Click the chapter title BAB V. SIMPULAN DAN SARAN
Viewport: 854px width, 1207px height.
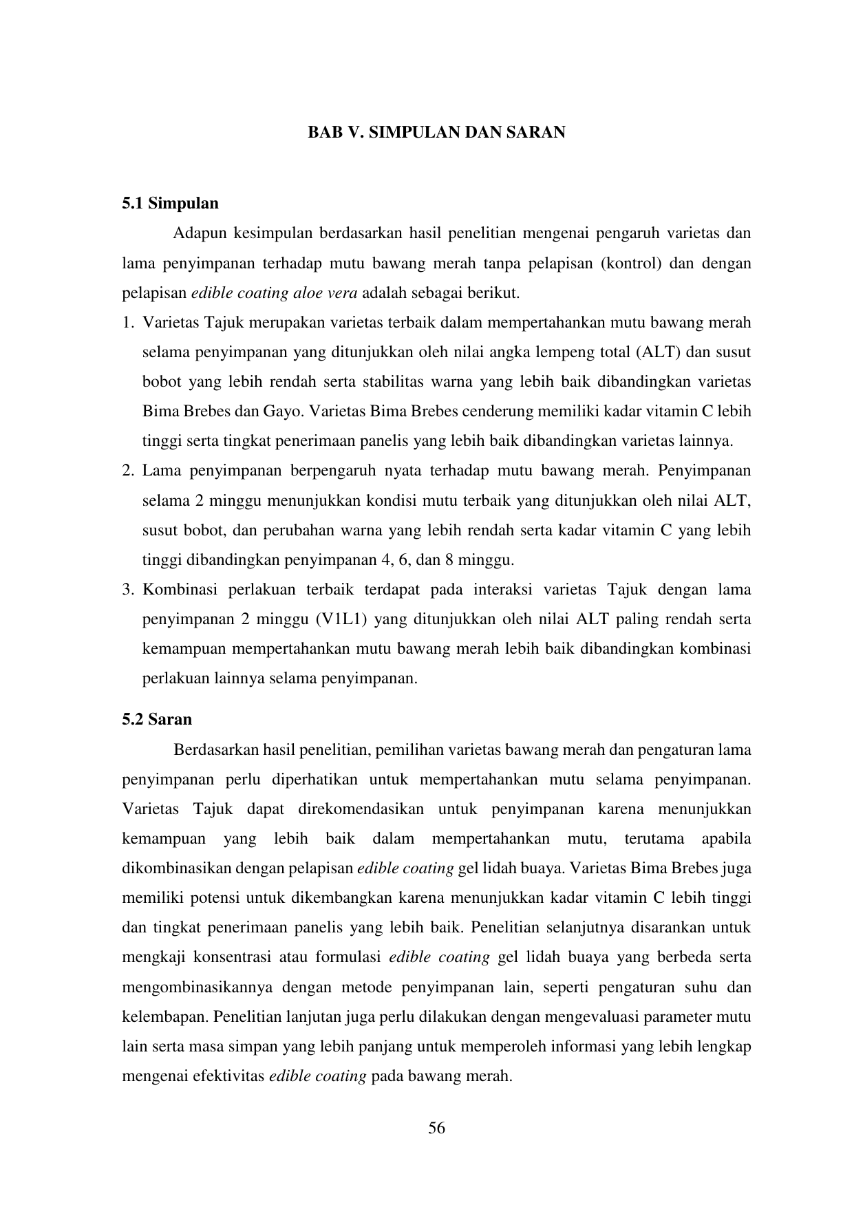(436, 133)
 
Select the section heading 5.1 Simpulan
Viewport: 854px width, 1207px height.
(170, 204)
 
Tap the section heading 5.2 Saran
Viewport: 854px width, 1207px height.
(157, 720)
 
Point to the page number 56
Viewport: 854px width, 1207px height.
(436, 1128)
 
